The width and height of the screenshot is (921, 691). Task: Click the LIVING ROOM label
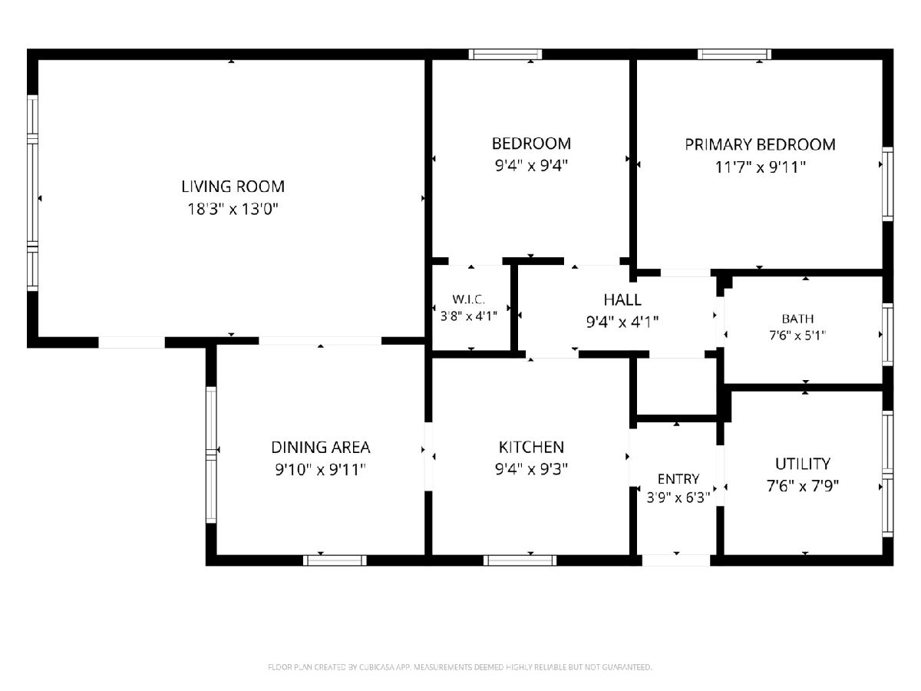click(x=233, y=187)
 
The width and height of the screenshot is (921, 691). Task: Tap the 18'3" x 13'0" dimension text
click(x=233, y=209)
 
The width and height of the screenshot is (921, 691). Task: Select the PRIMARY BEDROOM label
click(x=760, y=145)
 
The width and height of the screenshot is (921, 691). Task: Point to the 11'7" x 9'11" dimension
click(x=760, y=167)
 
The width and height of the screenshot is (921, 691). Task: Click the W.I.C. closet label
click(x=468, y=299)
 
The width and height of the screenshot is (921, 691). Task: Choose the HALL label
click(x=622, y=300)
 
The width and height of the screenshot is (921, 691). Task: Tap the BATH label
click(x=797, y=319)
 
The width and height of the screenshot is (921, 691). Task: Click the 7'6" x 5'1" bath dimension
click(x=797, y=336)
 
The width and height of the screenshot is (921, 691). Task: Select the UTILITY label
click(x=802, y=464)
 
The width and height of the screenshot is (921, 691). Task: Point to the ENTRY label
click(x=678, y=478)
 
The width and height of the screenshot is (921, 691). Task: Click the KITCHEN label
click(x=531, y=448)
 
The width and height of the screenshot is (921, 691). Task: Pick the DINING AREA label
click(x=321, y=448)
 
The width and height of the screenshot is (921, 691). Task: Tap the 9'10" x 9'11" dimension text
click(x=321, y=470)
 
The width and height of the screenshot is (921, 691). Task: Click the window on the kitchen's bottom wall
click(x=520, y=560)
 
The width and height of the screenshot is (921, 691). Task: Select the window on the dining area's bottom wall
click(x=335, y=560)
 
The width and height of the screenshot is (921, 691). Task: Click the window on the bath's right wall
click(x=888, y=335)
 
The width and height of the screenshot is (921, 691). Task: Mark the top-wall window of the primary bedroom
click(x=734, y=55)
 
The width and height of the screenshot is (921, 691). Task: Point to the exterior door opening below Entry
click(x=676, y=560)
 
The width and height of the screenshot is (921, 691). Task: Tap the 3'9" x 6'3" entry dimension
click(x=678, y=498)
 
